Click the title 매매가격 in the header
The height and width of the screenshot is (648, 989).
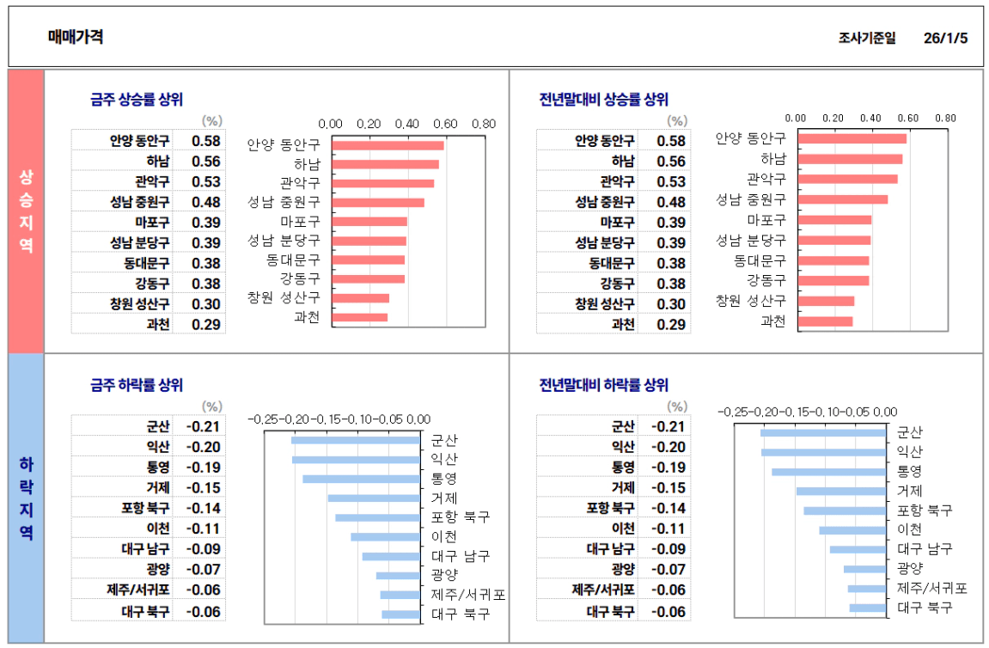[x=76, y=37]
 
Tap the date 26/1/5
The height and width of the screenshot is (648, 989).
[x=945, y=38]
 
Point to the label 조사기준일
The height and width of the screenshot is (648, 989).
[x=867, y=38]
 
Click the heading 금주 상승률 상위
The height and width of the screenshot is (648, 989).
[x=137, y=100]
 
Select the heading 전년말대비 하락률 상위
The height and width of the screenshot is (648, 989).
[x=603, y=385]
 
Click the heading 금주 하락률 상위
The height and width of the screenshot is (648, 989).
[x=137, y=385]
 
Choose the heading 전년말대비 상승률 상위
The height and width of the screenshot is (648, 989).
[x=603, y=100]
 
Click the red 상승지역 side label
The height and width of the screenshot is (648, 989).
[x=26, y=211]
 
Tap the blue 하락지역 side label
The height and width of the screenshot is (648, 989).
[x=26, y=498]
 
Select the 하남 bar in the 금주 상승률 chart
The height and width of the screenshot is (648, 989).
[x=385, y=164]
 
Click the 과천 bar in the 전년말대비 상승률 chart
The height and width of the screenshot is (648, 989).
[x=825, y=321]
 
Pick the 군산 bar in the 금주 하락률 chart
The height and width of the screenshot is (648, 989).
[x=356, y=440]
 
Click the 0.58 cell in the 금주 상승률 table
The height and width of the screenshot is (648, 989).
[x=206, y=141]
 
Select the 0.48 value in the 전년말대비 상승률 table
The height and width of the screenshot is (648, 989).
[x=671, y=202]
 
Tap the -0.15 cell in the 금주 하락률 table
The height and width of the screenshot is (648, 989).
[x=205, y=487]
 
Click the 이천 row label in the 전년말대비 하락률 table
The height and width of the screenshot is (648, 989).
[x=622, y=529]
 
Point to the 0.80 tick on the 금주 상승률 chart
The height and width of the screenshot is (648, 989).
[x=484, y=124]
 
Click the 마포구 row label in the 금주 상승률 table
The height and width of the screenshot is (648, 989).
[x=152, y=223]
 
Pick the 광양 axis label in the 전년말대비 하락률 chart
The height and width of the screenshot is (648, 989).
[x=911, y=568]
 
